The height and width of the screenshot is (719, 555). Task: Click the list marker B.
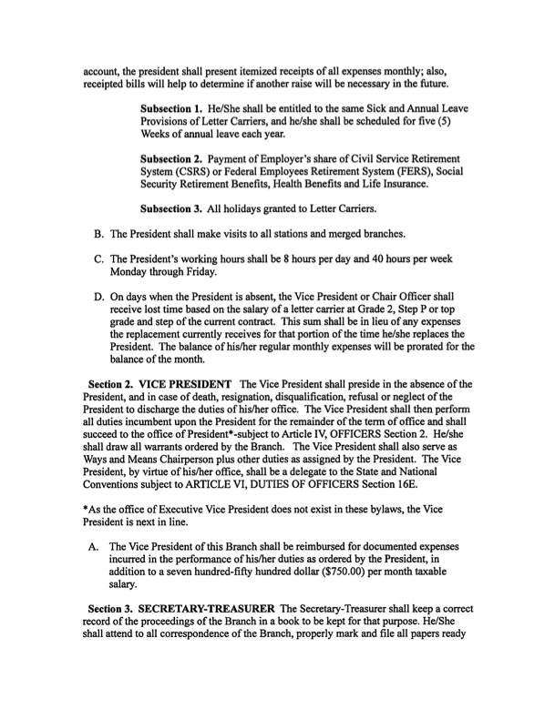click(99, 237)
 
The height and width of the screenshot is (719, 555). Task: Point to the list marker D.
click(99, 296)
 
